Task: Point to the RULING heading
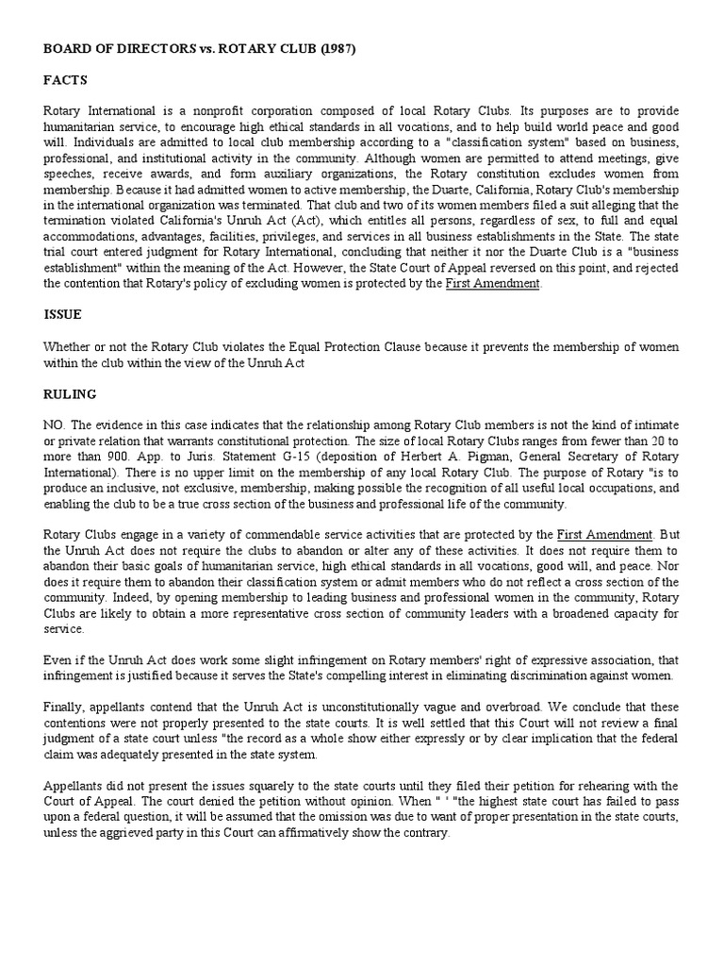(x=69, y=393)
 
